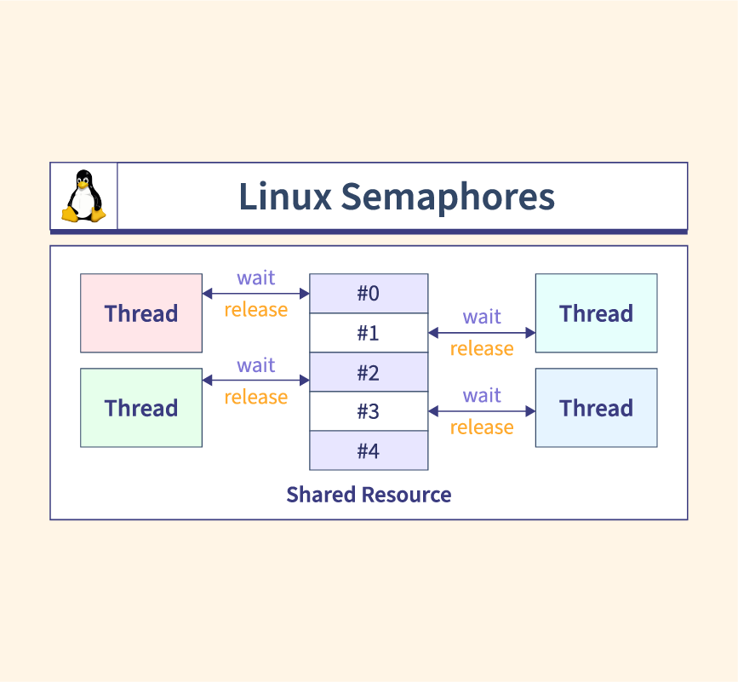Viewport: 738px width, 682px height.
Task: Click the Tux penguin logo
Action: (83, 197)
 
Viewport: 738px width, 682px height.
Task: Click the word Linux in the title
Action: (284, 197)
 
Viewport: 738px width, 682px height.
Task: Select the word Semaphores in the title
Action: (448, 197)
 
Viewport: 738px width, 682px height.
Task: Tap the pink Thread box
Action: (141, 313)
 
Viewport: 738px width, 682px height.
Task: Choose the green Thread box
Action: (141, 408)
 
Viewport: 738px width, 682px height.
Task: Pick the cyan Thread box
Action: (596, 313)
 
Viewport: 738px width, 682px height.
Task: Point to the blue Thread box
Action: (596, 408)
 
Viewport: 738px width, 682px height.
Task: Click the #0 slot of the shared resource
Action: (369, 294)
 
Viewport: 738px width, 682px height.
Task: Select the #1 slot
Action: (369, 333)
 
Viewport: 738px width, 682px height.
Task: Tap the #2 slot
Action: (369, 373)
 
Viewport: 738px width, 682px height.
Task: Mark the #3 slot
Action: (369, 412)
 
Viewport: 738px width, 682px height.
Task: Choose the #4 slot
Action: (369, 450)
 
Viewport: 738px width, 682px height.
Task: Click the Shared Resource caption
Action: (369, 495)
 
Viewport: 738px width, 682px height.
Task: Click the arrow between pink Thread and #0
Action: (255, 294)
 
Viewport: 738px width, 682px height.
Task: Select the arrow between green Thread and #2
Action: (255, 381)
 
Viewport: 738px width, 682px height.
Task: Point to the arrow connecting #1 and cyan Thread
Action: (482, 333)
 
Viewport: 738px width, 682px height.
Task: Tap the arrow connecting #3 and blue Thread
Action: (482, 411)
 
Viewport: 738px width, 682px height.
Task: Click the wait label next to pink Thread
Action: (255, 278)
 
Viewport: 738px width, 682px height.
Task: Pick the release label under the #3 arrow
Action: (482, 427)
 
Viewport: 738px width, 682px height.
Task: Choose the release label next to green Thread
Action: (255, 397)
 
